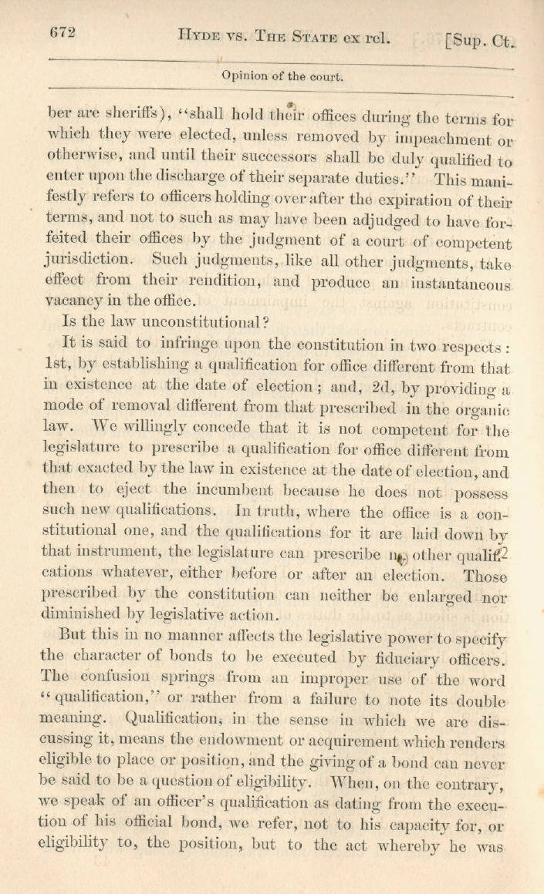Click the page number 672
62,32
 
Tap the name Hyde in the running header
199,35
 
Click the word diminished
66,615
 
